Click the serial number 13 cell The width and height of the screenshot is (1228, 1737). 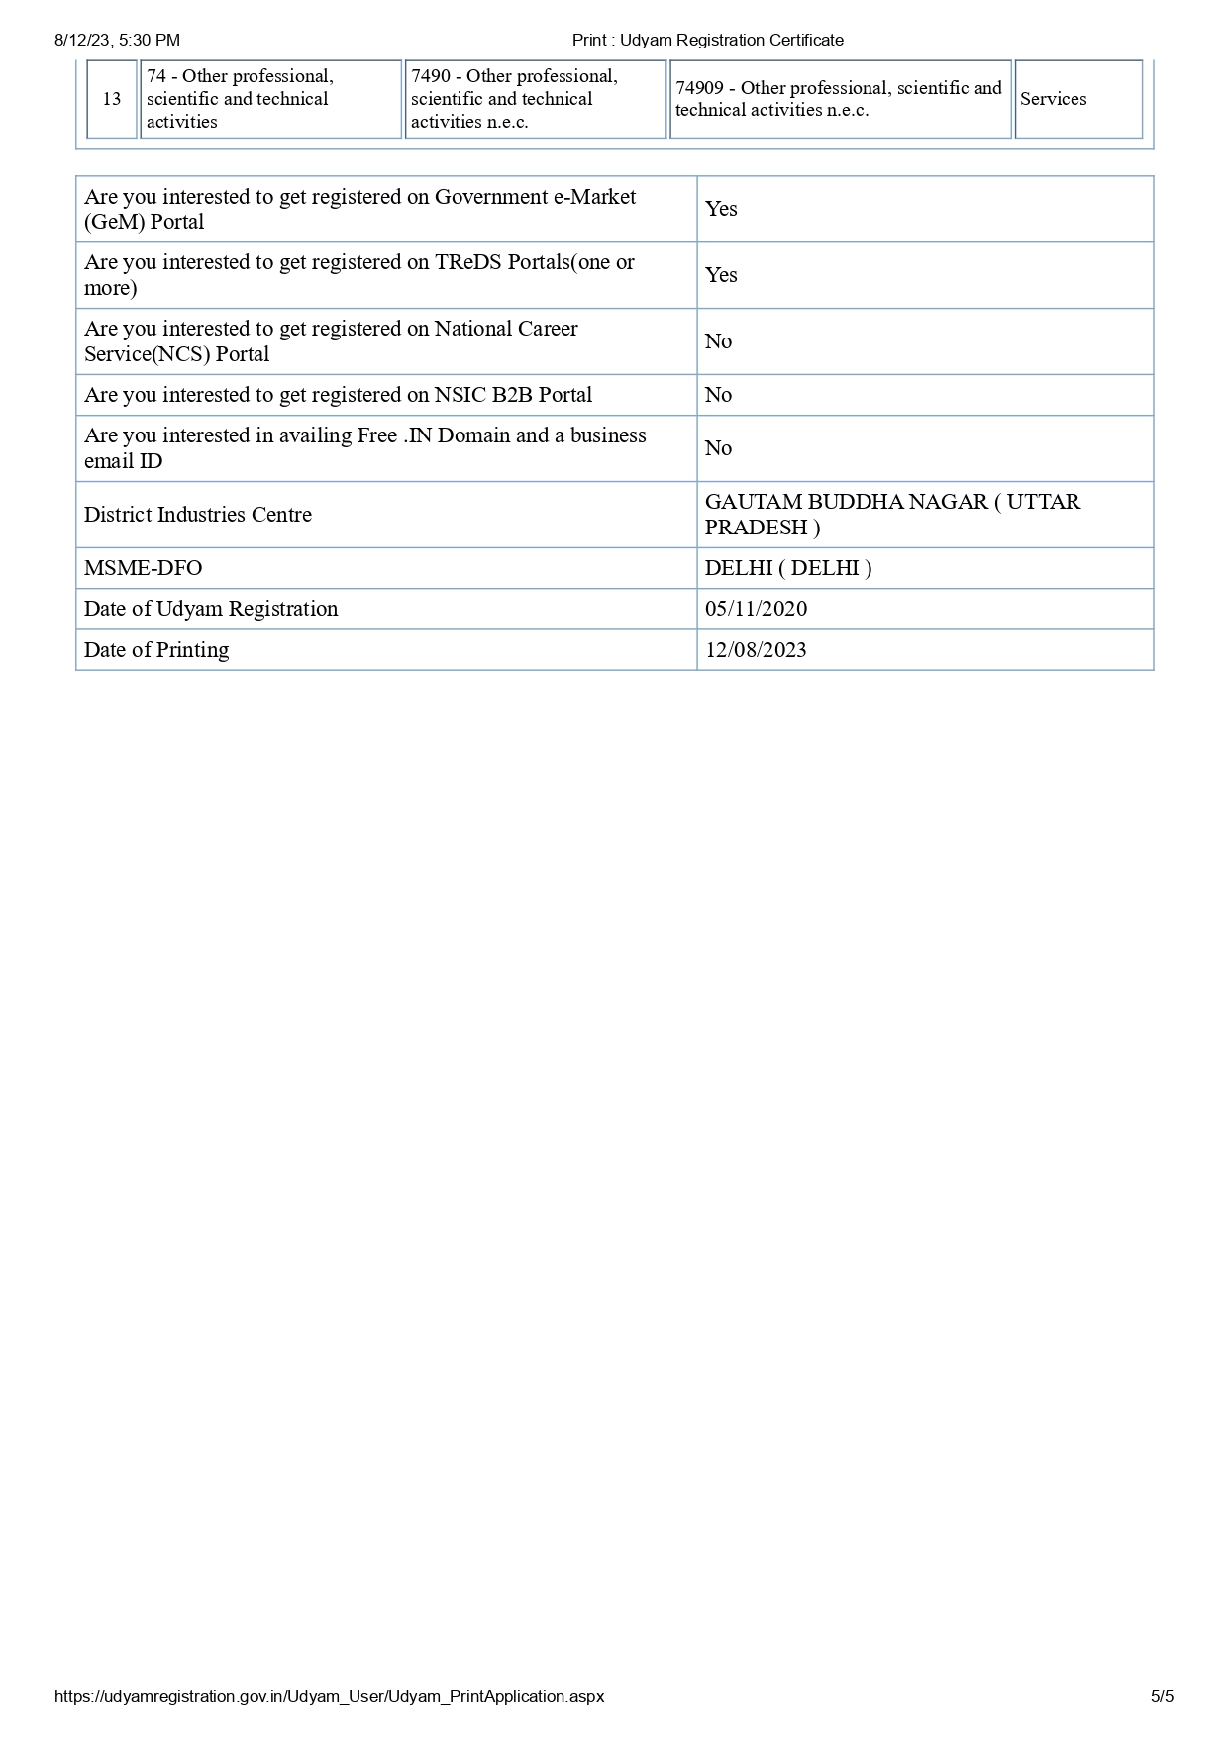point(111,99)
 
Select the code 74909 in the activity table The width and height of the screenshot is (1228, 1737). point(700,88)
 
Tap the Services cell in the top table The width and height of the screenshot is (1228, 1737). point(1053,99)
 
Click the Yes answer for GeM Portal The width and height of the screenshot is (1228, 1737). point(721,209)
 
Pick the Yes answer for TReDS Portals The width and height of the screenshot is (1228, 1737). point(721,275)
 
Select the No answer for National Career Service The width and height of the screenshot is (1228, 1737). point(718,341)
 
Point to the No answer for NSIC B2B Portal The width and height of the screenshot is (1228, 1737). point(718,395)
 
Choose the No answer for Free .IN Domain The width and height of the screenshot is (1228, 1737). point(718,448)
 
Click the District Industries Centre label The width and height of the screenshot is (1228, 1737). point(198,515)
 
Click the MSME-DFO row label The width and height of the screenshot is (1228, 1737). point(143,568)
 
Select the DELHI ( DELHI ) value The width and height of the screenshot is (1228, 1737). point(788,568)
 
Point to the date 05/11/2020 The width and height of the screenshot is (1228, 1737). point(756,609)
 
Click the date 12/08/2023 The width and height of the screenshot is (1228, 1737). point(756,650)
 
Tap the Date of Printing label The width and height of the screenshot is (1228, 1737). point(156,650)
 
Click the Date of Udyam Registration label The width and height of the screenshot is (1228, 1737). point(211,609)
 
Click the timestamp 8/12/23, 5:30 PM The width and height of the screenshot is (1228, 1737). point(117,41)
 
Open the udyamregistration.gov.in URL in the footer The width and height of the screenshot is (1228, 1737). point(329,1696)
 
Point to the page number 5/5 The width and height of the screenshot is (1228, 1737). point(1162,1696)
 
